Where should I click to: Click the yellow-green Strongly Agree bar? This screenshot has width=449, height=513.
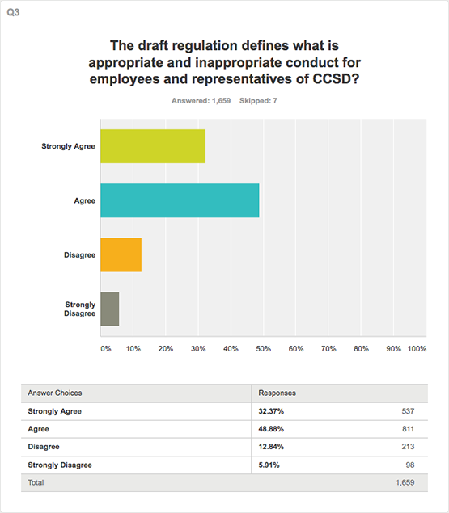click(x=153, y=146)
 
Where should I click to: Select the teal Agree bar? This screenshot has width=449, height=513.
click(x=180, y=200)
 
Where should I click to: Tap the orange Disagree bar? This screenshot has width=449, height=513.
click(x=121, y=254)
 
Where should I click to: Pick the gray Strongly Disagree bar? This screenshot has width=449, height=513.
click(x=110, y=309)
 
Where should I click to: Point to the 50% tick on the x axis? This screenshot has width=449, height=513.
click(x=263, y=349)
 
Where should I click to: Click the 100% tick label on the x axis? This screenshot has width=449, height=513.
click(x=417, y=349)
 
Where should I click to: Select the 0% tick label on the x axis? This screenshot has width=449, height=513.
click(x=105, y=349)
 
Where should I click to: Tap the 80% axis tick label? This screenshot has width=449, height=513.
click(x=361, y=349)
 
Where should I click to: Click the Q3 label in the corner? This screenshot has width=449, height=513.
click(x=13, y=12)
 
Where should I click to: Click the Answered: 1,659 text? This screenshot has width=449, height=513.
click(x=201, y=101)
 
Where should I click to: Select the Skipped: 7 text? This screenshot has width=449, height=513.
click(x=258, y=101)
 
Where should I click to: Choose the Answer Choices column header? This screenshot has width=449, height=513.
click(x=55, y=393)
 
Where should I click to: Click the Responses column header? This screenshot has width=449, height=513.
click(x=277, y=393)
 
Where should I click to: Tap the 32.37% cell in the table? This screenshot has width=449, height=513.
click(x=271, y=411)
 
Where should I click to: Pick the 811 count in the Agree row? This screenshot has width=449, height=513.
click(x=408, y=429)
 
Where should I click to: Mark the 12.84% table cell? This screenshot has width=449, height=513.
click(x=271, y=447)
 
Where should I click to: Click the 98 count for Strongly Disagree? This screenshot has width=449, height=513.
click(x=410, y=465)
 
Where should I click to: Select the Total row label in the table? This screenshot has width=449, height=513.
click(x=36, y=482)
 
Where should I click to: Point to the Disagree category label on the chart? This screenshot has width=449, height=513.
click(x=79, y=254)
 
